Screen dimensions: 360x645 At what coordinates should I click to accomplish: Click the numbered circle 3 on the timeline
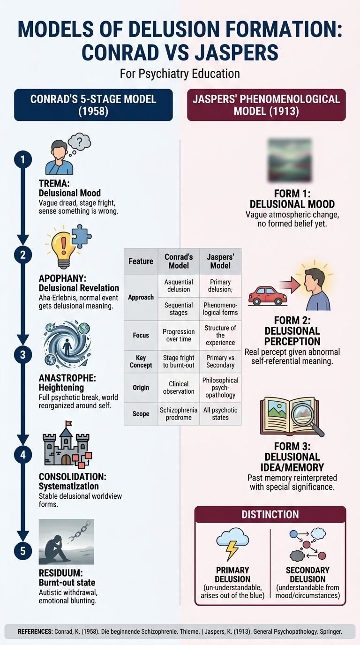coord(23,354)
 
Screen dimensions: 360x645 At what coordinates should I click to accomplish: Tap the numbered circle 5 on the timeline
coord(23,551)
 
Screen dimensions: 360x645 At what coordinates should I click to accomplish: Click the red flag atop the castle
coord(69,423)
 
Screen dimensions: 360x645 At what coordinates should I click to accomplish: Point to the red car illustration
coord(268,295)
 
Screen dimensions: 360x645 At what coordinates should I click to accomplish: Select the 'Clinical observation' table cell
coord(179,388)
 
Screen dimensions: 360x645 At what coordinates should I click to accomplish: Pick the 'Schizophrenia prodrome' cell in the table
coord(179,414)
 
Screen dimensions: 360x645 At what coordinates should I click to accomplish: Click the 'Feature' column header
coord(141,261)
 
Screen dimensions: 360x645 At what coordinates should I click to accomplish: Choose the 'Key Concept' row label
coord(141,361)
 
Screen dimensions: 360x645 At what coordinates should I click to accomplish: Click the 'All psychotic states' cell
coord(220,414)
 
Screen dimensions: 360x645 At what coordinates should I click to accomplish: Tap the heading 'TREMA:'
coord(54,183)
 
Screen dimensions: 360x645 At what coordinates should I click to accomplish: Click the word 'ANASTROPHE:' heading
coord(67,378)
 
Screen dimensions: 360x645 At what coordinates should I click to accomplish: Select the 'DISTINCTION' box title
coord(270,515)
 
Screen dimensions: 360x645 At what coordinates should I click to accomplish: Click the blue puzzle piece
coord(81,236)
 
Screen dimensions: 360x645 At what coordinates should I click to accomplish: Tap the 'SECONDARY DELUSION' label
coord(307,575)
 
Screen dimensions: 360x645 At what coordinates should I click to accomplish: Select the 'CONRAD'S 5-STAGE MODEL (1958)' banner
coord(93,105)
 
